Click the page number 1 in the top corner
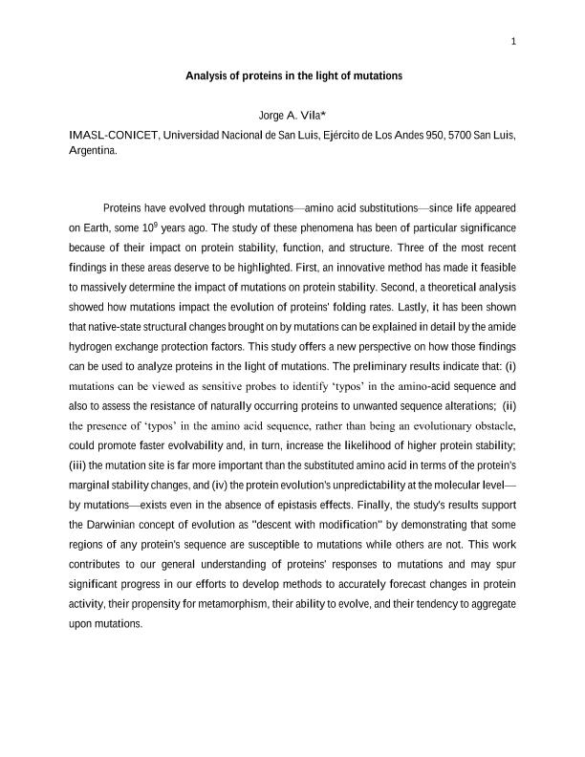[x=513, y=41]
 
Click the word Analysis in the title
[x=206, y=75]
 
